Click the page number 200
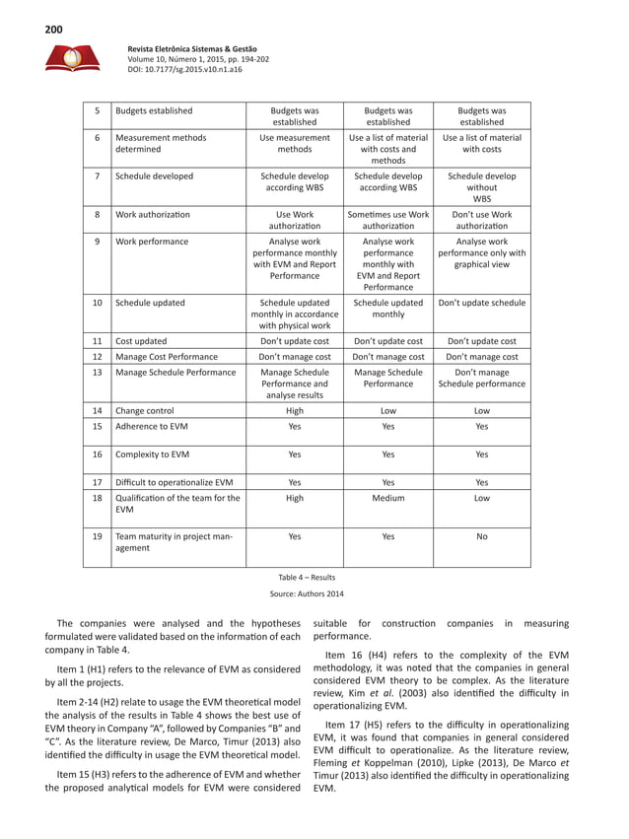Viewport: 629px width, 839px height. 53,30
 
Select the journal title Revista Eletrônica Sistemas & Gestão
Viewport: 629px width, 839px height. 193,48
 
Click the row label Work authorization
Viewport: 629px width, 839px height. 153,214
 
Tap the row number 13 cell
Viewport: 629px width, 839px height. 97,373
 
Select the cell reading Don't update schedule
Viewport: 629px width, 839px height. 481,304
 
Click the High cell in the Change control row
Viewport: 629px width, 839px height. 294,410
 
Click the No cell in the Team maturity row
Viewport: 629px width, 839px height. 481,538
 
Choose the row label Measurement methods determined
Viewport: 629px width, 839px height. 161,145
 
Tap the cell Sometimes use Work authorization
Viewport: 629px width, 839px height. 387,220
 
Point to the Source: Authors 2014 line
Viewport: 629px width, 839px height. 308,595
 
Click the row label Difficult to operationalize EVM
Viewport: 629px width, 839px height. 175,483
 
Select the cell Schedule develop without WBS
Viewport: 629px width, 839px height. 481,186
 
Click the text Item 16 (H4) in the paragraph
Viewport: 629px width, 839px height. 361,655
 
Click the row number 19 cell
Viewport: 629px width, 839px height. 97,538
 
